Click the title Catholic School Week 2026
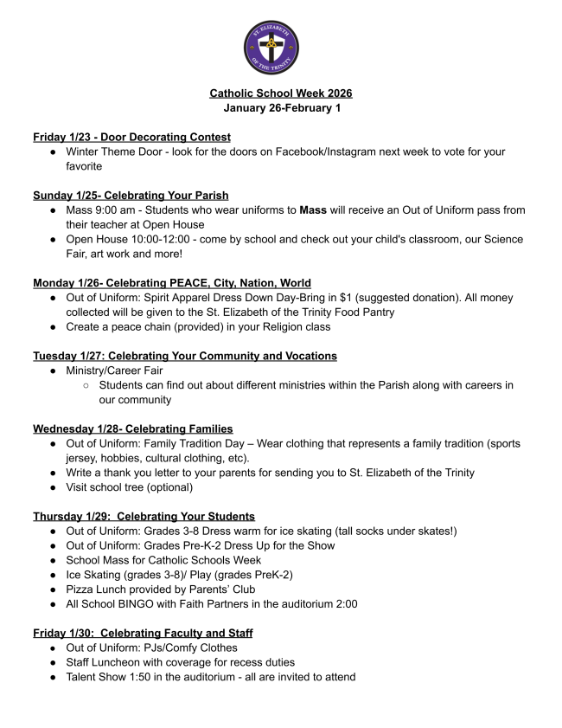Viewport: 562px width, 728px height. pos(281,93)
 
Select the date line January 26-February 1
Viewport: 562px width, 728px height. pos(281,108)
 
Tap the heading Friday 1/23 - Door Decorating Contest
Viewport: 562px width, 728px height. pos(131,137)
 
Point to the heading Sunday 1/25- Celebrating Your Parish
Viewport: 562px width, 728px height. pos(131,195)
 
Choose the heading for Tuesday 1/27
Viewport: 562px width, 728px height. pos(185,356)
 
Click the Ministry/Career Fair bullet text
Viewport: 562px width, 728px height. pos(114,370)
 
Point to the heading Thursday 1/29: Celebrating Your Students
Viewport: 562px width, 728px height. pos(144,516)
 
